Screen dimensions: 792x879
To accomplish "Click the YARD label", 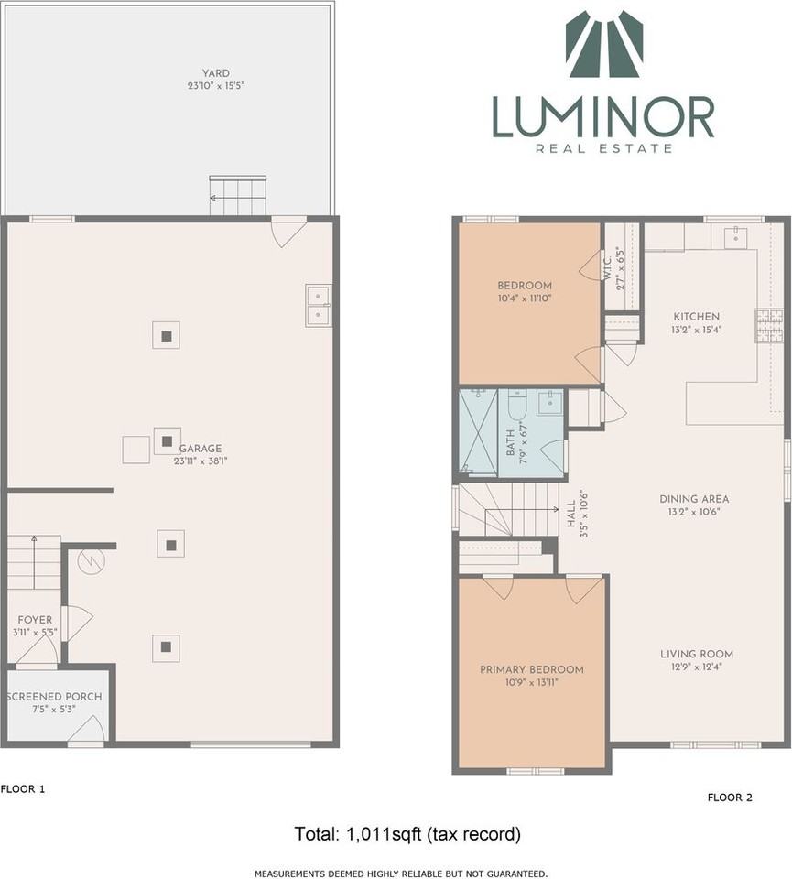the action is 216,73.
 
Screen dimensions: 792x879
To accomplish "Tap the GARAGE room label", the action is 201,449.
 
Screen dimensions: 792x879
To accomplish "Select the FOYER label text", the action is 35,620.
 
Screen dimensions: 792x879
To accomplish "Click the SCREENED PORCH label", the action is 54,696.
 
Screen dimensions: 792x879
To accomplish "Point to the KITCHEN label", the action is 696,317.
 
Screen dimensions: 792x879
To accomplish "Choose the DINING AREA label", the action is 694,499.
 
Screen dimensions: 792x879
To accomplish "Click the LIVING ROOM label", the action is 696,654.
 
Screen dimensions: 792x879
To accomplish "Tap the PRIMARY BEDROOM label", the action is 531,669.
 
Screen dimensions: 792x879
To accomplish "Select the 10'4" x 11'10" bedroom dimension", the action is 525,298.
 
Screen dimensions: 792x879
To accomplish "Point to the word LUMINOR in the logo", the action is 603,118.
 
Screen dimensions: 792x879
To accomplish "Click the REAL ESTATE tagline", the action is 603,148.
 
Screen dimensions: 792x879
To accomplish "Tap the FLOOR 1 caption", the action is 23,788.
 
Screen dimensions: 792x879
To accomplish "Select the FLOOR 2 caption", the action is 730,798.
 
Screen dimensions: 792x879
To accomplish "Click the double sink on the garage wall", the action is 319,306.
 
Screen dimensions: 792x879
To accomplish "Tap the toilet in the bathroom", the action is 516,405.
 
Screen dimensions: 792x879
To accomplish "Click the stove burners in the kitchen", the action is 768,325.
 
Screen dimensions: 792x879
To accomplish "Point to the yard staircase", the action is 238,196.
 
